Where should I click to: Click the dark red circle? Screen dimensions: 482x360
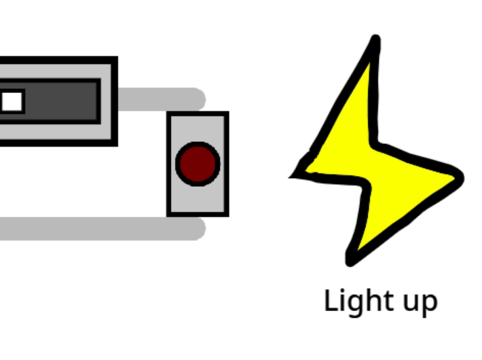pyautogui.click(x=198, y=164)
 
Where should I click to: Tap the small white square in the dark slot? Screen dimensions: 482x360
pyautogui.click(x=12, y=101)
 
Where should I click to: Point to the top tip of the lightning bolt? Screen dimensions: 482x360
pyautogui.click(x=376, y=36)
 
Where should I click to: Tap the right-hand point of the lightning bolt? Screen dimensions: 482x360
pyautogui.click(x=462, y=178)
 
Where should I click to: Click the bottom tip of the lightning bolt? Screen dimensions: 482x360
pyautogui.click(x=349, y=264)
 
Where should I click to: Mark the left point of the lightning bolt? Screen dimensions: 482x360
pyautogui.click(x=290, y=177)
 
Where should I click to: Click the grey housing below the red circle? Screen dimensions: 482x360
pyautogui.click(x=198, y=200)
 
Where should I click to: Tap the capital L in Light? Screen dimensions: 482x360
pyautogui.click(x=331, y=300)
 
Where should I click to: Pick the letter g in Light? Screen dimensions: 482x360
pyautogui.click(x=357, y=304)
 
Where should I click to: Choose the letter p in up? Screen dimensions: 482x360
pyautogui.click(x=430, y=304)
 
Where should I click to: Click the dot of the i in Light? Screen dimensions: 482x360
pyautogui.click(x=344, y=291)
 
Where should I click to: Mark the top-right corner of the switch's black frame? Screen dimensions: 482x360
pyautogui.click(x=117, y=56)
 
